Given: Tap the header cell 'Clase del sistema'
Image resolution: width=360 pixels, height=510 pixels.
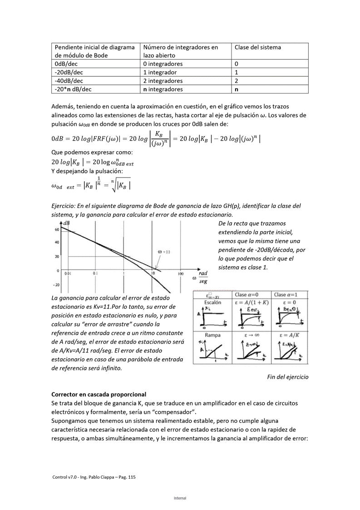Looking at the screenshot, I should pyautogui.click(x=257, y=47).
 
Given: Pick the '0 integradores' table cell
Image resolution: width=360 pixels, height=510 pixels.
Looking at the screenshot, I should pyautogui.click(x=163, y=64).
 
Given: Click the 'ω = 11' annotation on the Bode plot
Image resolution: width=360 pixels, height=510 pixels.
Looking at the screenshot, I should pyautogui.click(x=164, y=252).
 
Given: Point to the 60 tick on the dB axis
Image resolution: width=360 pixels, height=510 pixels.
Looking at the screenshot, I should pyautogui.click(x=57, y=230).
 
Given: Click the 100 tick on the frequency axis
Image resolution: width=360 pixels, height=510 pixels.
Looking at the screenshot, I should pyautogui.click(x=180, y=274).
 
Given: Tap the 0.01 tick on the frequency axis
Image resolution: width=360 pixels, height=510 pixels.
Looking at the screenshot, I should pyautogui.click(x=68, y=274).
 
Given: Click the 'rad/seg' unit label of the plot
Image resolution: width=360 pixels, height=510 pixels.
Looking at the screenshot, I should pyautogui.click(x=202, y=277).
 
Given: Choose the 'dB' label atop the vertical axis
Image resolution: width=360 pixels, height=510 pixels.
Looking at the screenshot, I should pyautogui.click(x=66, y=223).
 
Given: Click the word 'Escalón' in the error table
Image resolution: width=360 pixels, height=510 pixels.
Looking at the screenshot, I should pyautogui.click(x=212, y=302).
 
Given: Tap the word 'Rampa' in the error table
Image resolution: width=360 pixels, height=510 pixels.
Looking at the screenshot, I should pyautogui.click(x=212, y=335).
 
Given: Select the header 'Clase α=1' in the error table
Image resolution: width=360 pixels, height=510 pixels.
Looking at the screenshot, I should pyautogui.click(x=289, y=295).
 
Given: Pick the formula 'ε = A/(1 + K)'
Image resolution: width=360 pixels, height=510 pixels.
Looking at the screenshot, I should pyautogui.click(x=252, y=302).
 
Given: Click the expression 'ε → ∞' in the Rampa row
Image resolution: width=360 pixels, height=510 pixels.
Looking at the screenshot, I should pyautogui.click(x=251, y=335).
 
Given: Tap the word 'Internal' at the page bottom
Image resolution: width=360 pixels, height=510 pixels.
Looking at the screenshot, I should pyautogui.click(x=180, y=498).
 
